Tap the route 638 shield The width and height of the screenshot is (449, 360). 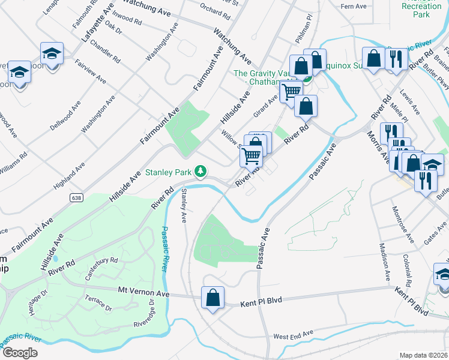click(x=75, y=197)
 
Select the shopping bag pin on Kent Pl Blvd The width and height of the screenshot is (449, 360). click(x=212, y=298)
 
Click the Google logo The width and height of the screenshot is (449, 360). click(x=20, y=353)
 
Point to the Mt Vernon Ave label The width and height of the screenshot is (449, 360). click(x=144, y=292)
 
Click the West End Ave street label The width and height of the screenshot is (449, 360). click(x=293, y=334)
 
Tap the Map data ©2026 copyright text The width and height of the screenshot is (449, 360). click(x=424, y=355)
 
